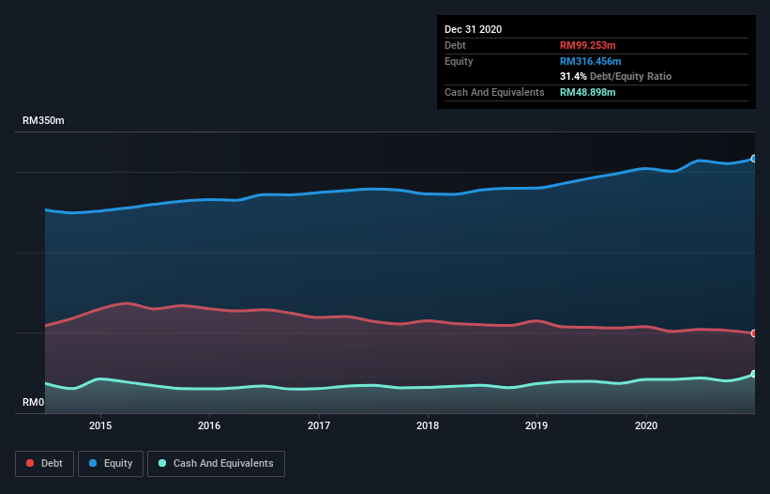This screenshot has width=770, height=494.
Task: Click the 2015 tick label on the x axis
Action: pos(100,425)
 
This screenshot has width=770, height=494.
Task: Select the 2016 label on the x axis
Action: pos(209,425)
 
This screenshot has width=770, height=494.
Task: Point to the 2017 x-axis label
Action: pos(319,425)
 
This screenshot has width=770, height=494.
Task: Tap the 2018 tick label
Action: pos(428,425)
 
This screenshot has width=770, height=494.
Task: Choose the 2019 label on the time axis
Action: pos(536,425)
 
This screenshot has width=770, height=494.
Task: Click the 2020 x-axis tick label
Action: pos(646,425)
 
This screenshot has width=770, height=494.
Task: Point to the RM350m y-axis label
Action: pos(43,121)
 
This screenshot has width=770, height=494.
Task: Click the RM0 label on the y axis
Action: pos(33,403)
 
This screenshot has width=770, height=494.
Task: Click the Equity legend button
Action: pos(110,463)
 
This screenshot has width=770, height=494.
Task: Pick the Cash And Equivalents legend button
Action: pos(216,463)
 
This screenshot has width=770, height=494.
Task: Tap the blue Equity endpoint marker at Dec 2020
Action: pos(753,159)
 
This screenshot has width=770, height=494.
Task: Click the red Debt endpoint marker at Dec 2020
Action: pos(753,333)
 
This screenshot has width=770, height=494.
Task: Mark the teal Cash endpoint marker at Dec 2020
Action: pos(753,374)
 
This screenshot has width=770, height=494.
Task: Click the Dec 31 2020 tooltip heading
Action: pos(473,29)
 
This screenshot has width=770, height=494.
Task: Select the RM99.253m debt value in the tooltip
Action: pos(589,45)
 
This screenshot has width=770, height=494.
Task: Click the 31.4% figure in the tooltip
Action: pos(572,76)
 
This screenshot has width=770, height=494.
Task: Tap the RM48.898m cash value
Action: pos(588,92)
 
